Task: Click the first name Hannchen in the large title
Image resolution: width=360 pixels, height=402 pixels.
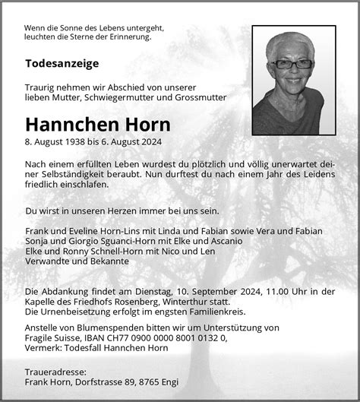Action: (69, 124)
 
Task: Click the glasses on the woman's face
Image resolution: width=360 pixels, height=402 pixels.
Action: (291, 64)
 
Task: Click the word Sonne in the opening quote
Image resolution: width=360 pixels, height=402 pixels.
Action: (74, 27)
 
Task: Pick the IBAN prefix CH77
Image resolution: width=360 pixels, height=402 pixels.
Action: (117, 338)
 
